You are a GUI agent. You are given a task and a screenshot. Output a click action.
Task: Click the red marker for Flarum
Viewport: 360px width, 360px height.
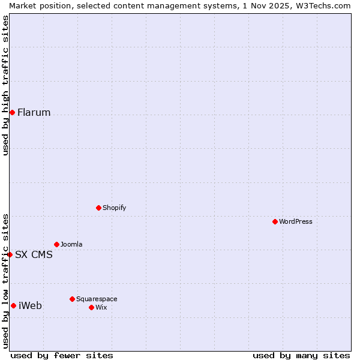click(12, 112)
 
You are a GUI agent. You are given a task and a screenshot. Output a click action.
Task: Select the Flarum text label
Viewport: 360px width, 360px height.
click(34, 113)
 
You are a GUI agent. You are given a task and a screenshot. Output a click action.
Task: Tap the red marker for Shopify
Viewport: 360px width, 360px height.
click(98, 208)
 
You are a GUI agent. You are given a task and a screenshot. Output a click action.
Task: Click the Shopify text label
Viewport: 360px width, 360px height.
click(114, 208)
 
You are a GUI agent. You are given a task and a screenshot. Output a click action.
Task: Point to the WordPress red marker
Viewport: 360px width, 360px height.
click(275, 221)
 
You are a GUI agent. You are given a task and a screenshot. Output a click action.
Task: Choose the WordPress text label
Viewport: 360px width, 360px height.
click(295, 221)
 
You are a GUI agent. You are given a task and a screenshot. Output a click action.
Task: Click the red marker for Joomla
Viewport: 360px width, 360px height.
click(56, 244)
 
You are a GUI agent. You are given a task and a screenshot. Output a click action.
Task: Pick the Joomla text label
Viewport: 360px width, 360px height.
click(71, 244)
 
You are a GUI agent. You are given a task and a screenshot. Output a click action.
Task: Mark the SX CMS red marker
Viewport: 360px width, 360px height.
click(10, 254)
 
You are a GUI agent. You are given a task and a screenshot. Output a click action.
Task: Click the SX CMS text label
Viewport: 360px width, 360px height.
click(34, 255)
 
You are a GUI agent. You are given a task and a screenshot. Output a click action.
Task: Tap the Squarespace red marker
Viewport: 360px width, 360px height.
click(72, 299)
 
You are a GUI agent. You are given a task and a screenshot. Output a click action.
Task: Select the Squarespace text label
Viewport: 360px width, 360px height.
click(97, 299)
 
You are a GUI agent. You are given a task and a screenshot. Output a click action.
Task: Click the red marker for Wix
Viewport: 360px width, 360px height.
click(91, 307)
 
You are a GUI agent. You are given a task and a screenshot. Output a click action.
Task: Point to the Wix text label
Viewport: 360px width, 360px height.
click(101, 307)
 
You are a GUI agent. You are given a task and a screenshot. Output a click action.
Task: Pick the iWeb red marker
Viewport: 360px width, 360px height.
click(13, 305)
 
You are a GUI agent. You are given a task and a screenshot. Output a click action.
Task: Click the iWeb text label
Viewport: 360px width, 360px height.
click(30, 306)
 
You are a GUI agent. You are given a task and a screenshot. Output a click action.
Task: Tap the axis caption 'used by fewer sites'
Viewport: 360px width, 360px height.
click(62, 355)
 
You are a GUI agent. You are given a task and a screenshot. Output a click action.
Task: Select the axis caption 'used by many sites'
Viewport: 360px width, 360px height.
click(301, 355)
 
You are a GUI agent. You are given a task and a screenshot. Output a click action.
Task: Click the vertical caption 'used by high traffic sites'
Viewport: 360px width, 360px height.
click(5, 85)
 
